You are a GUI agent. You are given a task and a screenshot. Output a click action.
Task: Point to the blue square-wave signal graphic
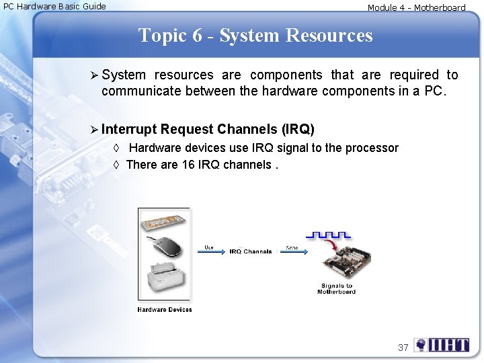tap(327, 235)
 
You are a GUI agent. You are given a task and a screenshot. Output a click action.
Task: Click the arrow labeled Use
tap(210, 253)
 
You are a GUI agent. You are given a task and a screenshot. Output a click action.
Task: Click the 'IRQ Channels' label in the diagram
tap(250, 251)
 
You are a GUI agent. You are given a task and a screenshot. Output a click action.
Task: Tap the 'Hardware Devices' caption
tap(165, 310)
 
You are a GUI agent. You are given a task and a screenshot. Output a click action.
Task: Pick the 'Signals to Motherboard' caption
tap(336, 289)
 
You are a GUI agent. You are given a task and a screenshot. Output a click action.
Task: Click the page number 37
tap(403, 348)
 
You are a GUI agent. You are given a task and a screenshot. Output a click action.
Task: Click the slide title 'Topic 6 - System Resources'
tap(255, 35)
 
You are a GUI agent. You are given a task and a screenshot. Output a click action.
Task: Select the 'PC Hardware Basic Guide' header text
tap(55, 7)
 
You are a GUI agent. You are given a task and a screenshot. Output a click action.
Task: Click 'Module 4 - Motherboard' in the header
tap(416, 8)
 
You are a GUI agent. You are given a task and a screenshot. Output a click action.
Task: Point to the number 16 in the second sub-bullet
tap(189, 165)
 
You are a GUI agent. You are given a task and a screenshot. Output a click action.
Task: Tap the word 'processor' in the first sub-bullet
tap(373, 148)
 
